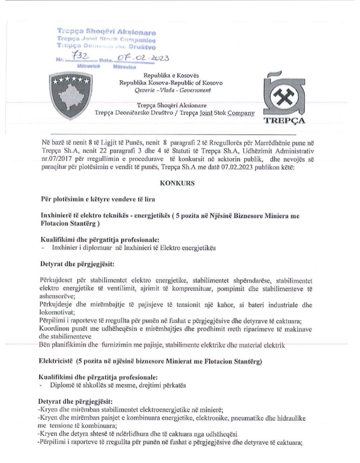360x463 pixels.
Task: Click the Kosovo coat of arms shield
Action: pyautogui.click(x=71, y=95)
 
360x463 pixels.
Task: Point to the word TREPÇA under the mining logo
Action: pyautogui.click(x=284, y=120)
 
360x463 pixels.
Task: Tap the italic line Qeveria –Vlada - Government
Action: pyautogui.click(x=173, y=90)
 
